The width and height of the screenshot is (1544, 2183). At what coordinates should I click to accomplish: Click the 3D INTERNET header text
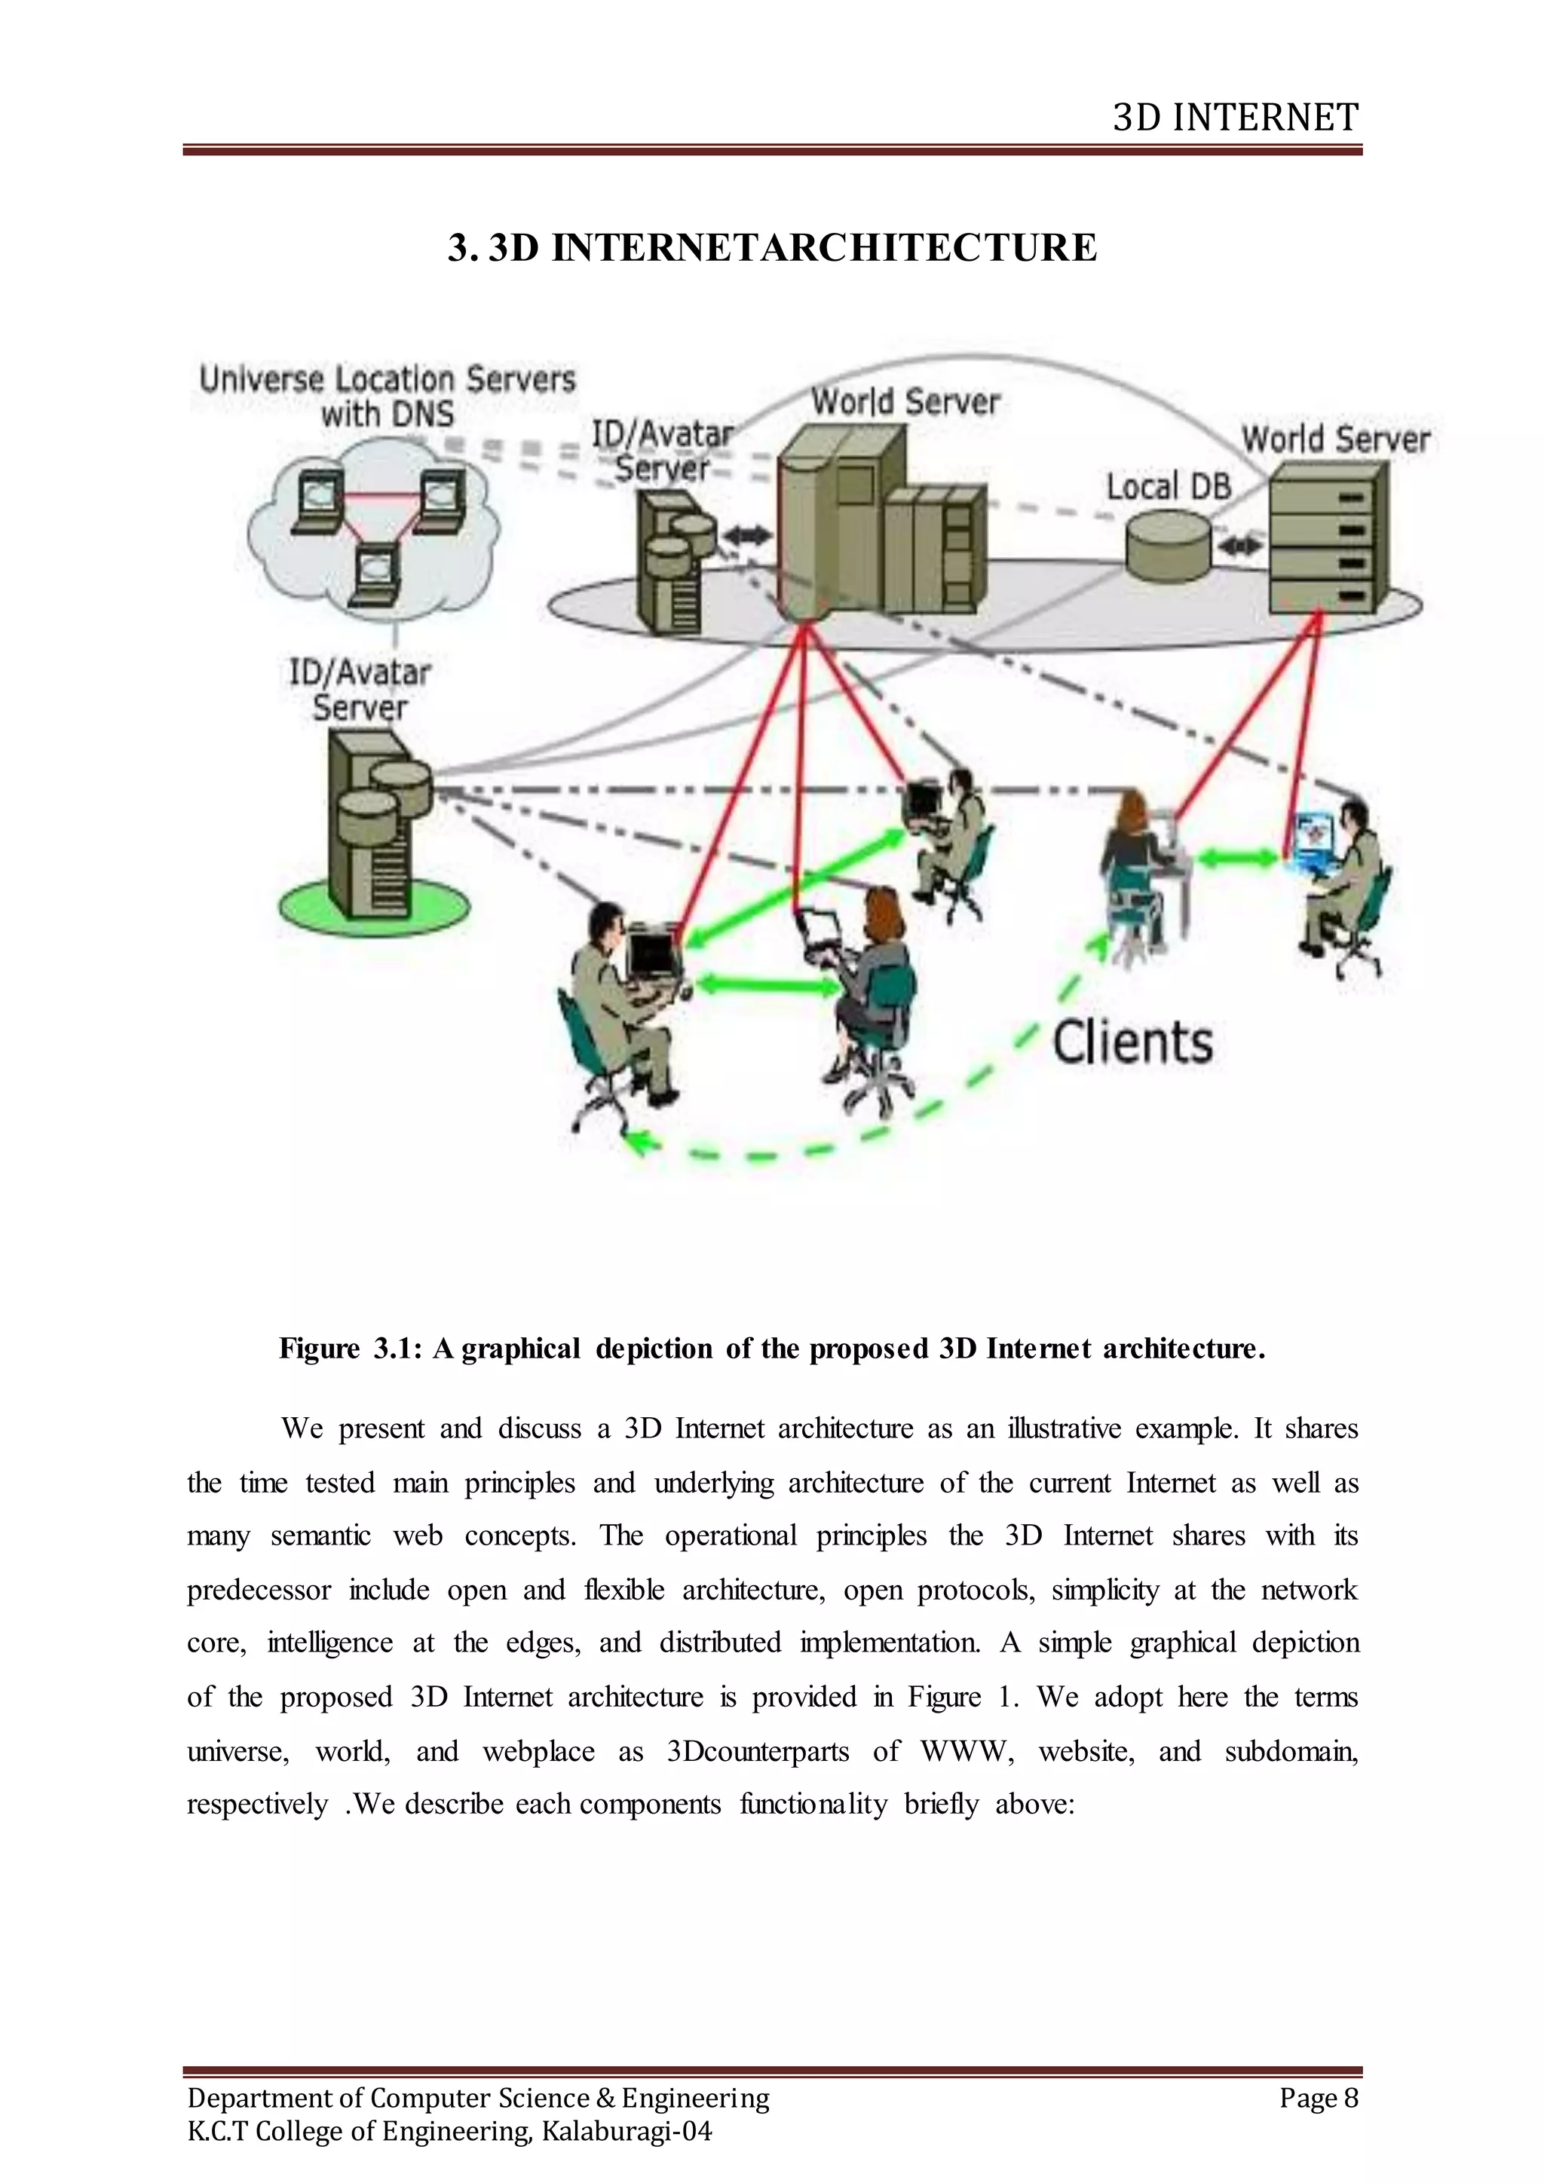[x=1235, y=118]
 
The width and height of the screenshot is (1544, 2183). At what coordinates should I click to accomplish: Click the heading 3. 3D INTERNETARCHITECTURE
[x=772, y=248]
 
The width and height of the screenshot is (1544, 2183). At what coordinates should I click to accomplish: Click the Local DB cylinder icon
[x=1169, y=546]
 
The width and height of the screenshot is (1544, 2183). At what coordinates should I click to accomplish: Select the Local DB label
[x=1169, y=488]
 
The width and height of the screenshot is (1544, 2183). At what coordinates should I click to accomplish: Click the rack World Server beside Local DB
[x=1328, y=538]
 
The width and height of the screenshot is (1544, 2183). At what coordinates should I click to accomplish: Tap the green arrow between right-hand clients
[x=1238, y=858]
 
